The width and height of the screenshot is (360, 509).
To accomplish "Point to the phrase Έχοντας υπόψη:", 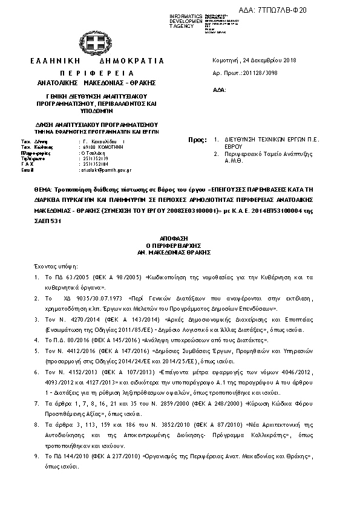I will (x=51, y=266).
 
